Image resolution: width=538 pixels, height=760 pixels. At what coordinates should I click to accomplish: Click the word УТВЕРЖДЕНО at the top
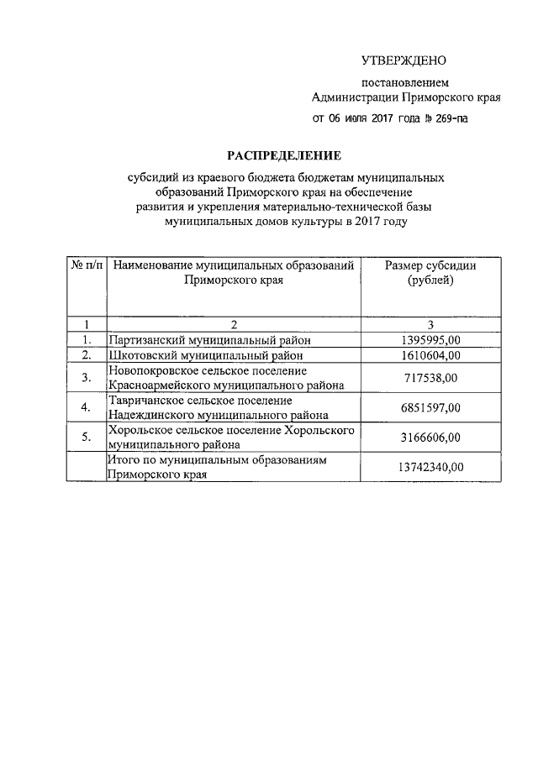(403, 60)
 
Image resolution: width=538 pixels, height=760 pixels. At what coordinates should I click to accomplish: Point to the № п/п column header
(87, 265)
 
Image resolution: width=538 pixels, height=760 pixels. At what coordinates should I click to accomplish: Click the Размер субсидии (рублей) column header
(430, 272)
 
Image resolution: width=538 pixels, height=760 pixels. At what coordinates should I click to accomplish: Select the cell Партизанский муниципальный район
(209, 340)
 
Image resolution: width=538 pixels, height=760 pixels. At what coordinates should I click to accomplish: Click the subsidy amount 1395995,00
(431, 340)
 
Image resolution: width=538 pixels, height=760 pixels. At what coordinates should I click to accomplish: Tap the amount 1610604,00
(431, 355)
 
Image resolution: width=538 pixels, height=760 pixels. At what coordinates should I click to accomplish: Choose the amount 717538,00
(430, 378)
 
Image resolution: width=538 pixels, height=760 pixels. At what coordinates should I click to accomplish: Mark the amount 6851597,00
(430, 408)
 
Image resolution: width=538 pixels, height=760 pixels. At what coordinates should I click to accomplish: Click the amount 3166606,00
(430, 438)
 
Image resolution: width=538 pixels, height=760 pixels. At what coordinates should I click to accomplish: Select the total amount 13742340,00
(430, 467)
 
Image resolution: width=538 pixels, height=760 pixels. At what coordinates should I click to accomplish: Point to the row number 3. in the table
(87, 378)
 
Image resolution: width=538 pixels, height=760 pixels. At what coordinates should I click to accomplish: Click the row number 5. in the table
(87, 438)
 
